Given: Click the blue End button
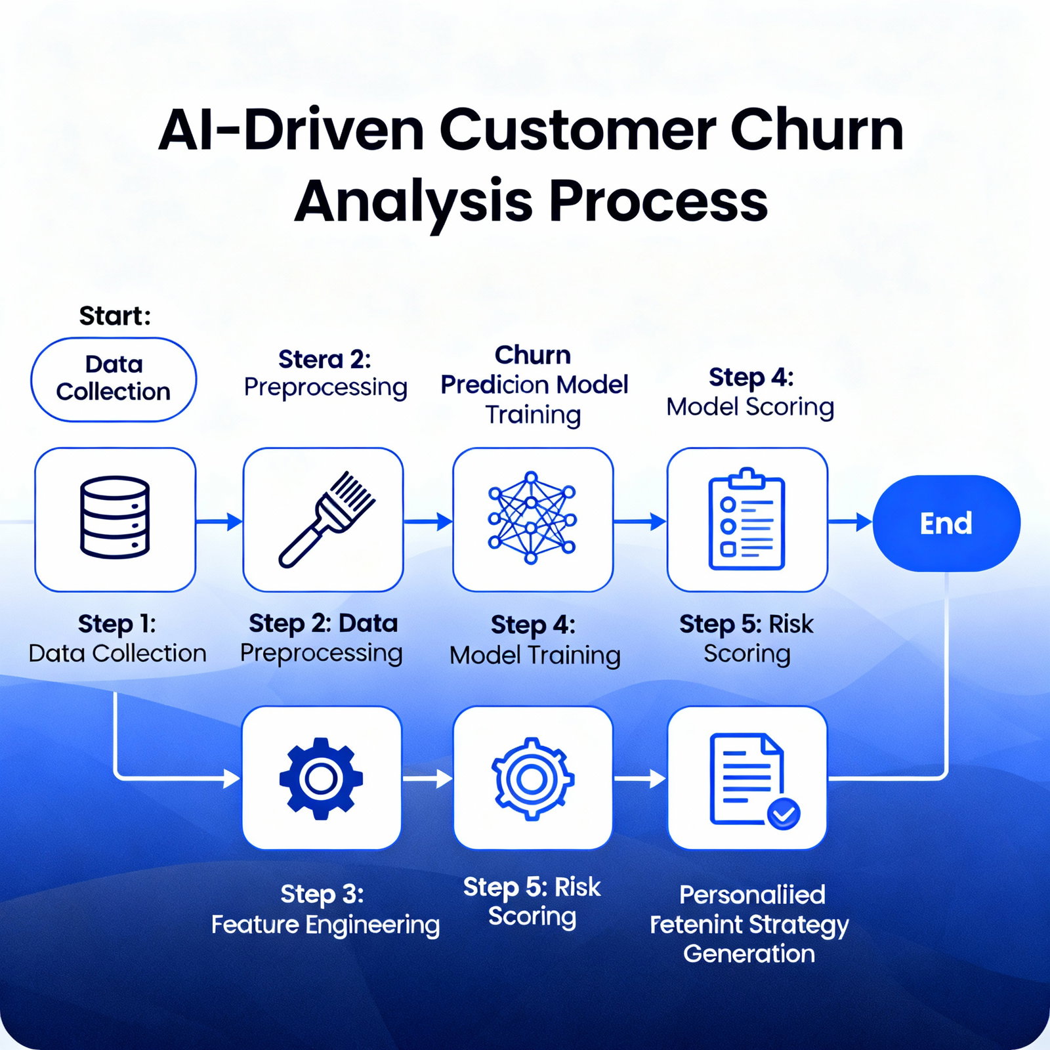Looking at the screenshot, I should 946,523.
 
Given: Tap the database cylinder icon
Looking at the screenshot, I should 115,517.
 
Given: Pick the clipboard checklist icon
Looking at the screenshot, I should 747,518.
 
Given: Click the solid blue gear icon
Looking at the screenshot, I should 321,778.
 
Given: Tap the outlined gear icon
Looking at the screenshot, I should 532,779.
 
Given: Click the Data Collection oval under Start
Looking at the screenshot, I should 114,379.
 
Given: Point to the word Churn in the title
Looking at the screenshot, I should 816,129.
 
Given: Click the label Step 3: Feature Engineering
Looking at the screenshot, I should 325,910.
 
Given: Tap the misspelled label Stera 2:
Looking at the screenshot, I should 324,360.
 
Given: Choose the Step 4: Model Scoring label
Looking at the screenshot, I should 750,392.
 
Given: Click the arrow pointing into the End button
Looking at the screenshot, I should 851,522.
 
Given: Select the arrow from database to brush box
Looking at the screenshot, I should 220,522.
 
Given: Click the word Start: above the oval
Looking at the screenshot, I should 115,316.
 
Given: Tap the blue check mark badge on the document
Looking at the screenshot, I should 784,814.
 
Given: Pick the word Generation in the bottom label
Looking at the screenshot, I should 749,954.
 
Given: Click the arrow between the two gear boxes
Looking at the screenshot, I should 427,779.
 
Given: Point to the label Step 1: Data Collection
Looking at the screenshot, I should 117,639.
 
